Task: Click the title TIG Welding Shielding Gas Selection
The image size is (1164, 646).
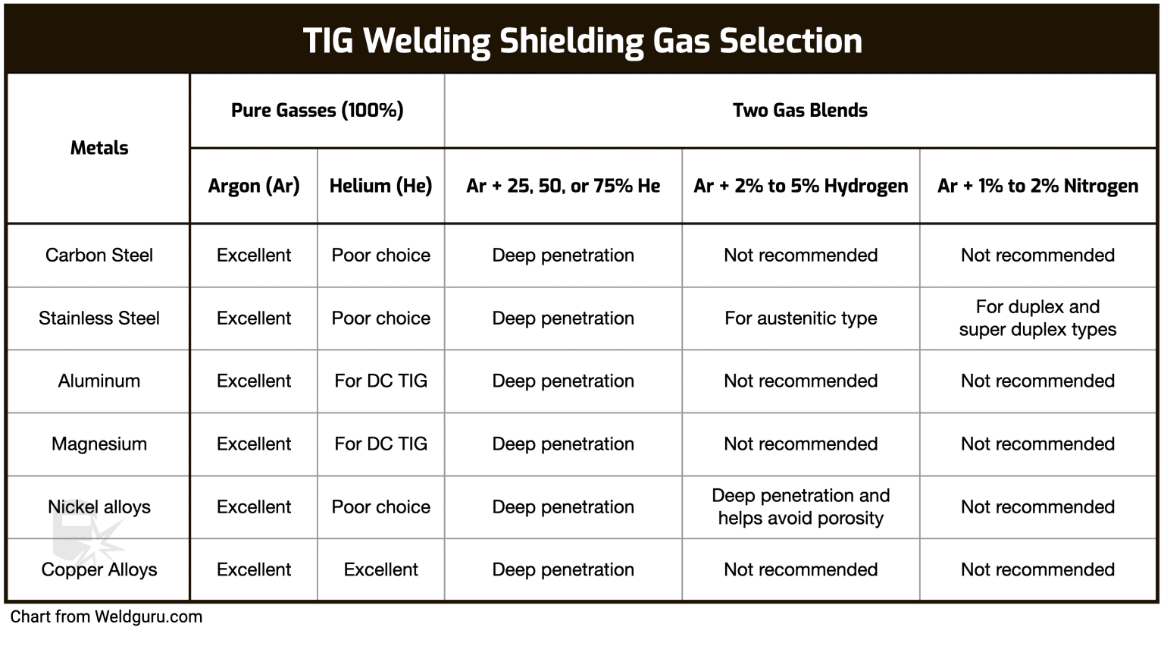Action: pos(582,41)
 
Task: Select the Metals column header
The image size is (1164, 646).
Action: pos(99,148)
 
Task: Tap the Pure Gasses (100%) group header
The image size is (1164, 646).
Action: pos(317,111)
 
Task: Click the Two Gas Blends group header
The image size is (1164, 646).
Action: pos(800,111)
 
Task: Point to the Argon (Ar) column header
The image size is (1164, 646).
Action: pos(254,186)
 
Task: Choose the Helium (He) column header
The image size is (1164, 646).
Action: pos(380,186)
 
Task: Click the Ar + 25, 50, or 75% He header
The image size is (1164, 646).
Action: pos(563,186)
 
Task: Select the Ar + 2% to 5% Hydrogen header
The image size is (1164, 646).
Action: pos(800,186)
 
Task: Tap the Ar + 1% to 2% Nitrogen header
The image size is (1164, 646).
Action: pos(1037,186)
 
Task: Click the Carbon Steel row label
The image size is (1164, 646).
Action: pos(99,256)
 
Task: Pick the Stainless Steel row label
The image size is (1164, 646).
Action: pos(99,318)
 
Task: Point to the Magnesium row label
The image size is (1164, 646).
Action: pos(99,444)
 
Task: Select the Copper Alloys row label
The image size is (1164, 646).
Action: pos(99,570)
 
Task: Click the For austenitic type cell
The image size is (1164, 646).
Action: pos(800,318)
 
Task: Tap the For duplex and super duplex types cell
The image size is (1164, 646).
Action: pos(1037,318)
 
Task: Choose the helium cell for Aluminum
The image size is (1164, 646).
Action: pos(380,381)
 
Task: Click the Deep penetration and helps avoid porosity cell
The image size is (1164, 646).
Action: pos(800,507)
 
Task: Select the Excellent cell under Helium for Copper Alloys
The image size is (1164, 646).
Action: pos(380,570)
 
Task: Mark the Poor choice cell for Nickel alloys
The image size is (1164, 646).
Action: pos(380,507)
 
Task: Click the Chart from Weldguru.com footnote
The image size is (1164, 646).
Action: pos(106,617)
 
